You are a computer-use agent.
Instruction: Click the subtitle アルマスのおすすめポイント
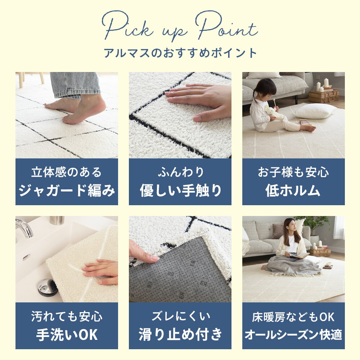[x=180, y=53]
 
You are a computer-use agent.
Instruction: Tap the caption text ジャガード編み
[x=67, y=190]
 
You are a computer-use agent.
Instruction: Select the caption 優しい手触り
[x=180, y=190]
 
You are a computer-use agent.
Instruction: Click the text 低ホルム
[x=293, y=190]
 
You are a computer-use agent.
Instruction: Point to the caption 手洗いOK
[x=67, y=334]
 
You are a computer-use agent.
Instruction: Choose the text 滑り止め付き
[x=180, y=334]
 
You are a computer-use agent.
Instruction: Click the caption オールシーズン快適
[x=293, y=334]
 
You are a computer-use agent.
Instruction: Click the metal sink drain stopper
[x=47, y=287]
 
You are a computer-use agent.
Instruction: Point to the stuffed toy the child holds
[x=274, y=112]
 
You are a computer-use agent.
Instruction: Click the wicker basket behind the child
[x=324, y=96]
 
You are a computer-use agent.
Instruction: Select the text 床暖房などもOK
[x=293, y=317]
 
